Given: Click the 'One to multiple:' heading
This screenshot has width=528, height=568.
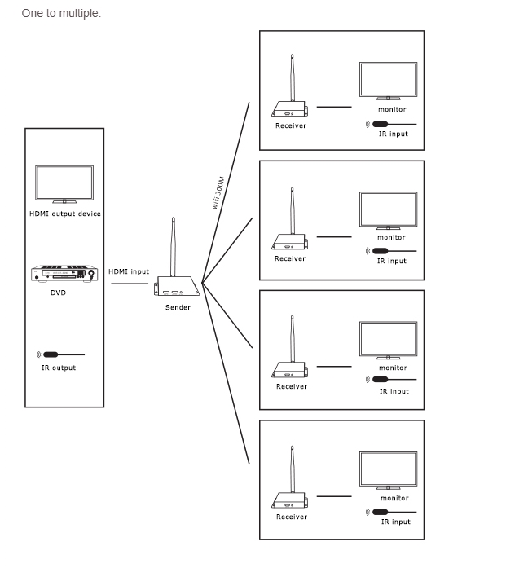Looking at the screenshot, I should (61, 14).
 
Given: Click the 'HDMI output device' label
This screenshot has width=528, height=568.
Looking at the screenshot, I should (65, 214).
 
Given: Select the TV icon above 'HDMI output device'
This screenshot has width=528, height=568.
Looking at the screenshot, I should (64, 184).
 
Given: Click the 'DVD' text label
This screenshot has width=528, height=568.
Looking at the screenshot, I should (58, 293).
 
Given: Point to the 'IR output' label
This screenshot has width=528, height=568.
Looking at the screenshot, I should (59, 368).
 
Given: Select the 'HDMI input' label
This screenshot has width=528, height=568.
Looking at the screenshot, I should (129, 271).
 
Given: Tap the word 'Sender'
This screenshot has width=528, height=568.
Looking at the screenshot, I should (178, 307).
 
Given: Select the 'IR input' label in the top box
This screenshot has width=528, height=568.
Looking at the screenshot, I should (393, 134).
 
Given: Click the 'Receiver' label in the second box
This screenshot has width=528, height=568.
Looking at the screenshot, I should (290, 258).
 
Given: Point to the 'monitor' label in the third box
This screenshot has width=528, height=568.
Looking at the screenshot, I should (392, 368).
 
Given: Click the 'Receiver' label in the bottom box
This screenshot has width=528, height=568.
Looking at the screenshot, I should (291, 517).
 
